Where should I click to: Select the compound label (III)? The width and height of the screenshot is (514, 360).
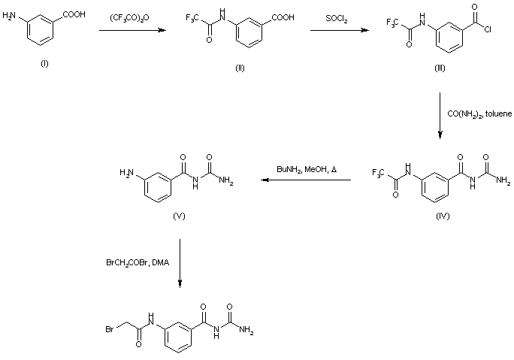pos(440,68)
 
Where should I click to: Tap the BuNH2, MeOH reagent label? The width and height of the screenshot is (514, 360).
pos(307,170)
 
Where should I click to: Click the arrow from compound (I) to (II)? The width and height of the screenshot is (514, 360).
pos(132,30)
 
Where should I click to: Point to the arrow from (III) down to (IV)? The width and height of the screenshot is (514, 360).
pos(440,113)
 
